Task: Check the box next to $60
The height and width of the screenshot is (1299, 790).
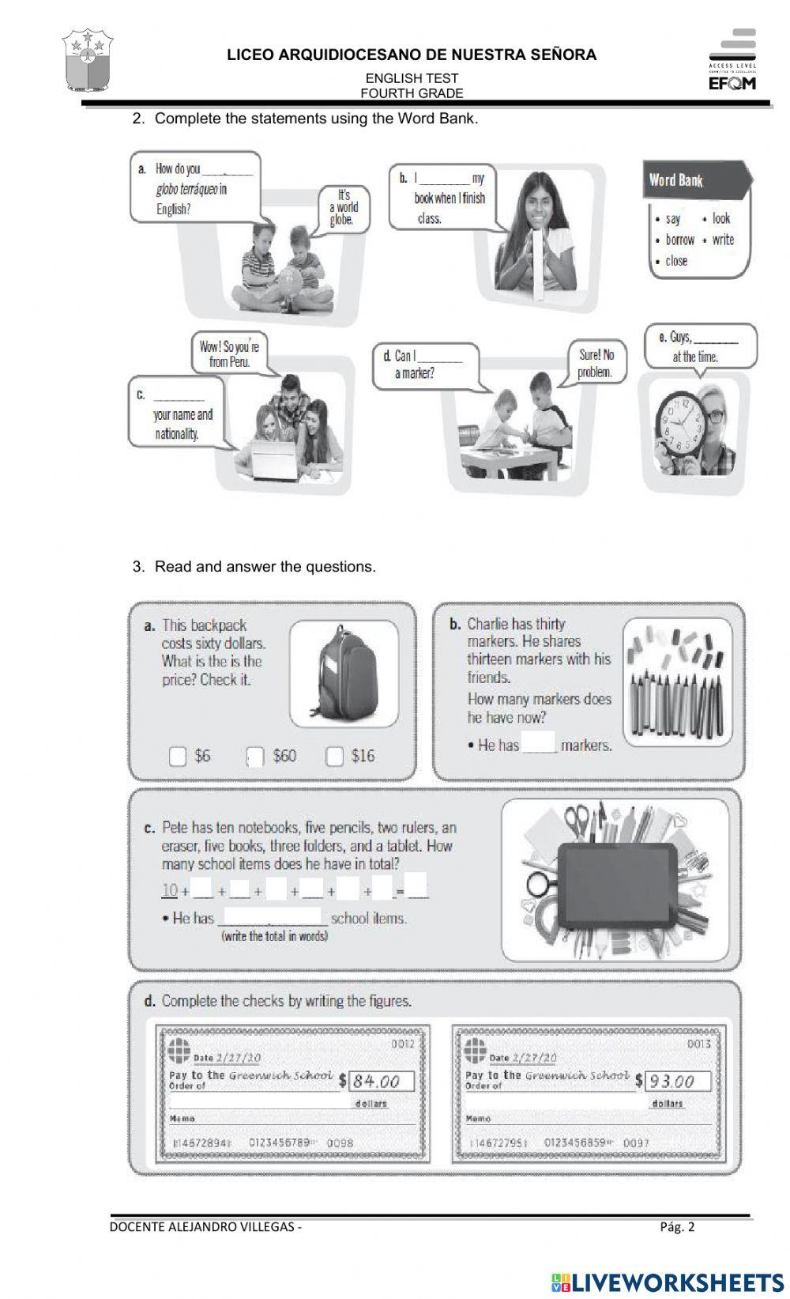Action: pyautogui.click(x=255, y=757)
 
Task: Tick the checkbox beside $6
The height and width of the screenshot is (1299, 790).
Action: pyautogui.click(x=178, y=757)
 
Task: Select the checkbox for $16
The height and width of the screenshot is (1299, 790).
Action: pyautogui.click(x=335, y=757)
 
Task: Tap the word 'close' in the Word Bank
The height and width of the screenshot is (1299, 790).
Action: pyautogui.click(x=676, y=261)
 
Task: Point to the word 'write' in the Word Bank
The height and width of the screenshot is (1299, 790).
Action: pyautogui.click(x=723, y=240)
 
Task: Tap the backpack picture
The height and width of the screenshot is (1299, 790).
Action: pyautogui.click(x=344, y=673)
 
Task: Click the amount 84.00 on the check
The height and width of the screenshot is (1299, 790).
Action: pyautogui.click(x=377, y=1081)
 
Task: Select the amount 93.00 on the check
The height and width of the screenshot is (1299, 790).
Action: pyautogui.click(x=673, y=1081)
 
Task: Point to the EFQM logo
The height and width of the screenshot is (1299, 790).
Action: pyautogui.click(x=732, y=60)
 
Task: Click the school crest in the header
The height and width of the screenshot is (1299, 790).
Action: pyautogui.click(x=88, y=61)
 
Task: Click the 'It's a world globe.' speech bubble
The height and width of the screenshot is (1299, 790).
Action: pyautogui.click(x=344, y=207)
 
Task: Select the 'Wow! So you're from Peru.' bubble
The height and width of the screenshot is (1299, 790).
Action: pyautogui.click(x=229, y=353)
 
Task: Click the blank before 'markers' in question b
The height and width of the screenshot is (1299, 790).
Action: pyautogui.click(x=540, y=744)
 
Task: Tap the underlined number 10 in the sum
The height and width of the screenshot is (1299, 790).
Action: pyautogui.click(x=170, y=890)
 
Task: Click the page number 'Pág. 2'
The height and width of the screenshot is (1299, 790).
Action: pyautogui.click(x=677, y=1227)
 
